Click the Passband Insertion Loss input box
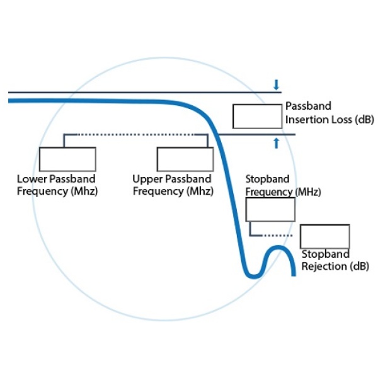257,117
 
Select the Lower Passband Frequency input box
67,158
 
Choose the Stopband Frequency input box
270,209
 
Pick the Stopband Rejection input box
324,236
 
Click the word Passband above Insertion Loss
308,106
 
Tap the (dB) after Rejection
357,266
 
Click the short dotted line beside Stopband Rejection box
278,235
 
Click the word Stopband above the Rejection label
324,255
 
